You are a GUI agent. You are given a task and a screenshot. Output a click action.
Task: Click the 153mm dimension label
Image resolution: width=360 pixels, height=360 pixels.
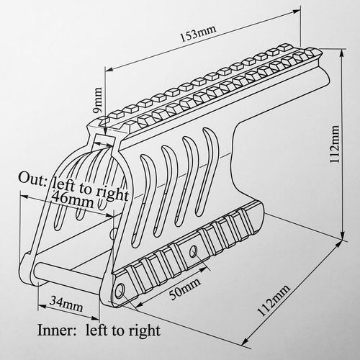(x=198, y=34)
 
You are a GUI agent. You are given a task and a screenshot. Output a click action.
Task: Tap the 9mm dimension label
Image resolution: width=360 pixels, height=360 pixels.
(x=99, y=100)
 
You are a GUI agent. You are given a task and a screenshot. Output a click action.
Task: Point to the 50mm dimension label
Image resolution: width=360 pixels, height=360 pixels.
(x=184, y=289)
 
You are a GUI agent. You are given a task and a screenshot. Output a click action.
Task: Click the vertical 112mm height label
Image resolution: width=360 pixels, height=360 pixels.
(x=334, y=144)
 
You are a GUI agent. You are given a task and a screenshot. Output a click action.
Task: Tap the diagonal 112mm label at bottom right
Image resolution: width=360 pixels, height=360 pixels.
(x=273, y=300)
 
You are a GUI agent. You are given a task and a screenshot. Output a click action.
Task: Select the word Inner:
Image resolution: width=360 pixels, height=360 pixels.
(x=56, y=330)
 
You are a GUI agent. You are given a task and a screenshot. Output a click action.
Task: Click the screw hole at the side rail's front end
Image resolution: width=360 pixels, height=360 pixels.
(x=120, y=292)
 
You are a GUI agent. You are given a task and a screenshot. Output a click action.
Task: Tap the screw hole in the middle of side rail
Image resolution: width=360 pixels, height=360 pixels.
(x=194, y=251)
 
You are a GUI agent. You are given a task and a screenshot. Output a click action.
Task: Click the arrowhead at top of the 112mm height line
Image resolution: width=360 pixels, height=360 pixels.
(x=343, y=53)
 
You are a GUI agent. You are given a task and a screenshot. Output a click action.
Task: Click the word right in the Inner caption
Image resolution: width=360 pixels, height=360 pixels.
(x=145, y=331)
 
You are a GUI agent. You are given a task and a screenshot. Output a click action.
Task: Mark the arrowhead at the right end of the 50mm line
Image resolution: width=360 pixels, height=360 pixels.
(x=204, y=269)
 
